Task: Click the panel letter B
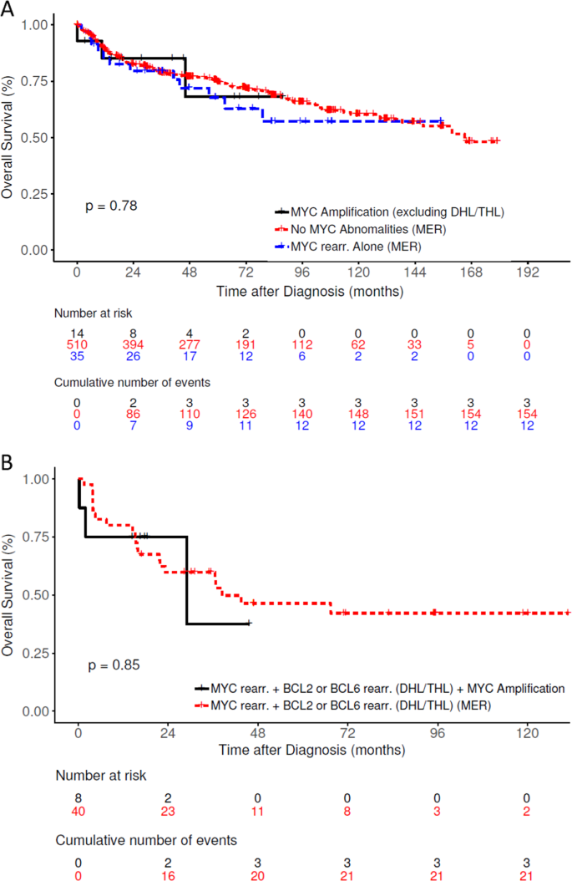click(8, 462)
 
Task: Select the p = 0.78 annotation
click(111, 205)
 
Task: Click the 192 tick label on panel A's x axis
click(528, 273)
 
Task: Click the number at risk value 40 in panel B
click(78, 805)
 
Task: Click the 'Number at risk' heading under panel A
click(94, 313)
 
